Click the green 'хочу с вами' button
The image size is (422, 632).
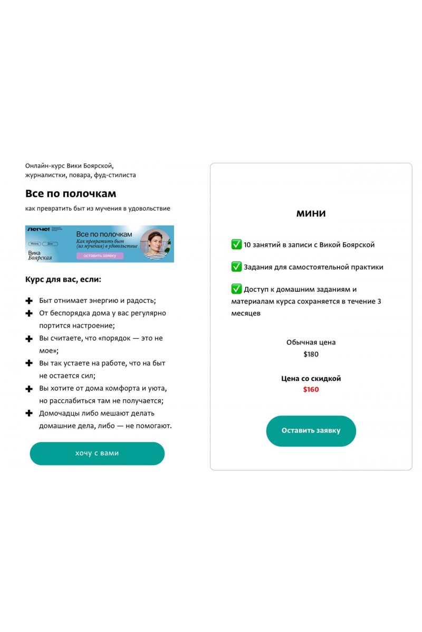coord(97,453)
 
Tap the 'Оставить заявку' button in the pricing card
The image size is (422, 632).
coord(311,431)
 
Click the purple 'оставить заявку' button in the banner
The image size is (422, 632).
coord(100,255)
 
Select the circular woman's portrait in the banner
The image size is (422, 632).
coord(155,244)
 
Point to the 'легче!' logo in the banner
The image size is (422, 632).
coord(39,230)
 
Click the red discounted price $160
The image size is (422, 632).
coord(311,390)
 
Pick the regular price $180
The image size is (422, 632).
coord(311,354)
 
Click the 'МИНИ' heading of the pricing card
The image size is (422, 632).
coord(311,213)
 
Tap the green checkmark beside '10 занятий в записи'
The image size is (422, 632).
coord(236,244)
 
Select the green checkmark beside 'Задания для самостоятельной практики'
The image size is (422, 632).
coord(236,266)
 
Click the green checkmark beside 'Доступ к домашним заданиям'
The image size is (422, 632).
coord(236,289)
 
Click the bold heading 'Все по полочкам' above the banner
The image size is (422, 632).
coord(71,193)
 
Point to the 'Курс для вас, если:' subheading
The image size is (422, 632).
coord(63,279)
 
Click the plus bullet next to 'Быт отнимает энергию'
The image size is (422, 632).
coord(29,301)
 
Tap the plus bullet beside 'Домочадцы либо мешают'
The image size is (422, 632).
coord(29,413)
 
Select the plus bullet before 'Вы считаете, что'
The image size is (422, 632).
coord(29,338)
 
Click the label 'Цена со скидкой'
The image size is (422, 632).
coord(311,378)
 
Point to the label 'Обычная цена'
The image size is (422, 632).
coord(311,342)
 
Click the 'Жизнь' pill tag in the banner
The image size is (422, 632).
coord(34,244)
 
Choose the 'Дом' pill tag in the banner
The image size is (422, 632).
coord(50,244)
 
